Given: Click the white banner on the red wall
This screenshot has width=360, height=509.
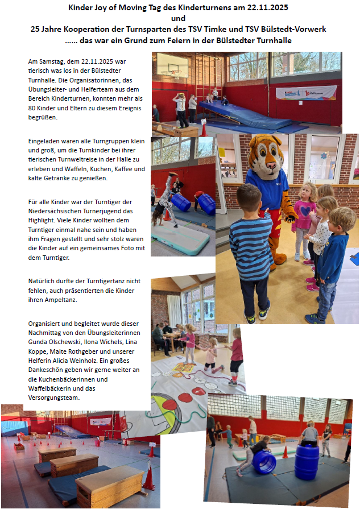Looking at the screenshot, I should [305, 93].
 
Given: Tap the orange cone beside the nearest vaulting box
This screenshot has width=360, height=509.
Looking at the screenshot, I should [149, 479].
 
